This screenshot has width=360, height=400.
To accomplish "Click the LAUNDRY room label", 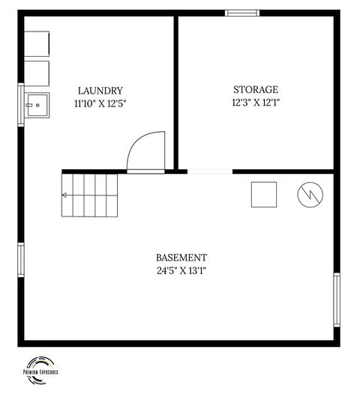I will tap(100, 91).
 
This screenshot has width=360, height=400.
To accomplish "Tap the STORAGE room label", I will tap(255, 89).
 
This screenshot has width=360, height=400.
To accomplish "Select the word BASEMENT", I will tap(181, 257).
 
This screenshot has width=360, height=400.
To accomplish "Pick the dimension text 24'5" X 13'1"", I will tap(181, 270).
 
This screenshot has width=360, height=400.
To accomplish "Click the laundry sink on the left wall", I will tap(36, 105).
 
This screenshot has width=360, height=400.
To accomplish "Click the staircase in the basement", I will tap(90, 195).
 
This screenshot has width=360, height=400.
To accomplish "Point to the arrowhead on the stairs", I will tap(64, 196).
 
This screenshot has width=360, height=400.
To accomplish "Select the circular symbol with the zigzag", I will tap(310, 195).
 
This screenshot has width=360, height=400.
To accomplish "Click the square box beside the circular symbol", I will tap(264, 195).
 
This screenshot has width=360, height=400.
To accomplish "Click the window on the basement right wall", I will tap(337, 300).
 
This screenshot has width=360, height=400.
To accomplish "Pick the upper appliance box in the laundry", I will tap(37, 44).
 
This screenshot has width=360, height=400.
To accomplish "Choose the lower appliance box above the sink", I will tap(37, 73).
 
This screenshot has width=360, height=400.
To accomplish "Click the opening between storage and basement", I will tap(209, 172).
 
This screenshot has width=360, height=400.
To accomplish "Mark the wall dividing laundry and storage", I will tap(176, 90).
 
